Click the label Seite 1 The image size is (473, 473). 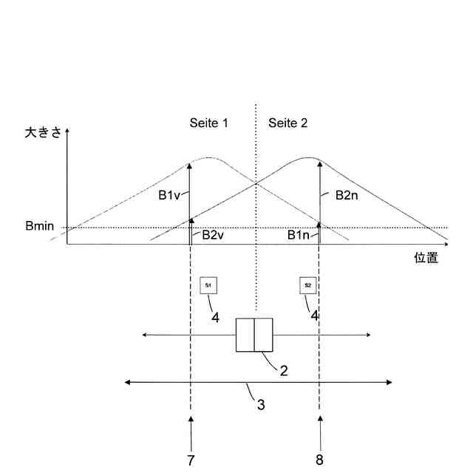208,123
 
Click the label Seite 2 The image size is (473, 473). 287,123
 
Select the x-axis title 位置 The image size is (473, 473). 426,258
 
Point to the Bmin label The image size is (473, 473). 39,225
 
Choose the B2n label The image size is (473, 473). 347,195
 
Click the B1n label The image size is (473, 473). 301,236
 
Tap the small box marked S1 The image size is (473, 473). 208,285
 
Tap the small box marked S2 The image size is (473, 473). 308,285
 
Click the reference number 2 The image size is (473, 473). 283,370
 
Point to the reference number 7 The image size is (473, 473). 191,460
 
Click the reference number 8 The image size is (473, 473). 319,460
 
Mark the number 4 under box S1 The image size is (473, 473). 215,318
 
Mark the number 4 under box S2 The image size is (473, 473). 315,316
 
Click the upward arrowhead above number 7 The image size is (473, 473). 191,421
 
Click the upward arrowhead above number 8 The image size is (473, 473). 319,421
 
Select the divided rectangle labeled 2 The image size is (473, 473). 254,336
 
